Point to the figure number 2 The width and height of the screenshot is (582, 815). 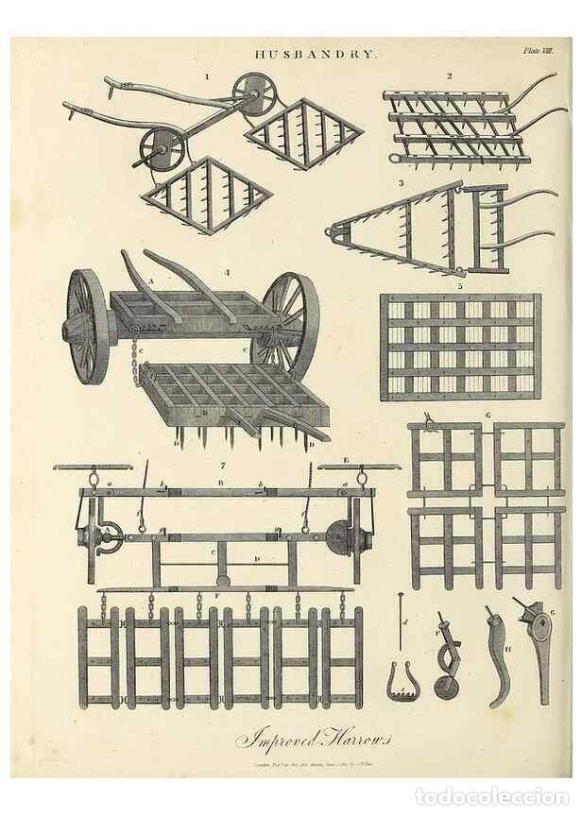coord(450,76)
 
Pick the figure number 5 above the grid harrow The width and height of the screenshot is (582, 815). coord(460,285)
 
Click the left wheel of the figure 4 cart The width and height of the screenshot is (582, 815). coord(88,327)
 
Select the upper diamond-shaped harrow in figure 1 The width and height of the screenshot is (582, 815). coord(302,133)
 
